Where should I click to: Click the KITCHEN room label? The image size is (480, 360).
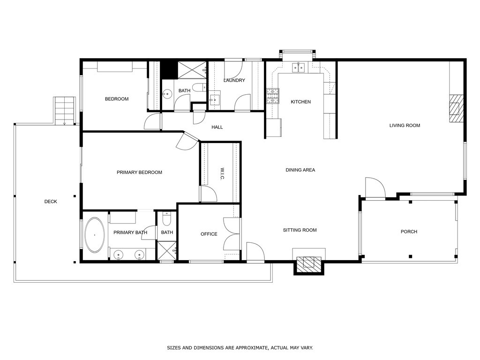point(300,102)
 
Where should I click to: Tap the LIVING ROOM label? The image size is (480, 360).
point(405,125)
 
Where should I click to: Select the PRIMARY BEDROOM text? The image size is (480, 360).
point(139,172)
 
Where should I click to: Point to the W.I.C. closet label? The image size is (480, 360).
point(222,173)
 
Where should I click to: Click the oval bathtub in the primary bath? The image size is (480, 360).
point(95,235)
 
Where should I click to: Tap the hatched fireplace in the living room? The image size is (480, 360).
point(456,109)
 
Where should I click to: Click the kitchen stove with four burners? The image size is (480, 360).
point(272,96)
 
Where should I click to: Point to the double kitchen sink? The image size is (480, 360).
point(299,67)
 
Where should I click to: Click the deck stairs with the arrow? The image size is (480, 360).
point(64,111)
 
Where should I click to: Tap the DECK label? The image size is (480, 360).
point(51,202)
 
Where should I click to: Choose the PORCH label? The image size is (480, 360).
point(409,232)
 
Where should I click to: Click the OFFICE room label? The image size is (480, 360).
point(209,234)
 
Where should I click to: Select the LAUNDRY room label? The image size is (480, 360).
point(234,80)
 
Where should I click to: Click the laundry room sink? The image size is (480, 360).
point(215,99)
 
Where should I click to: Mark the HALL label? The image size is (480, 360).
point(217,127)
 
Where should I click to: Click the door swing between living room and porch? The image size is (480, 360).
point(375,187)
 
